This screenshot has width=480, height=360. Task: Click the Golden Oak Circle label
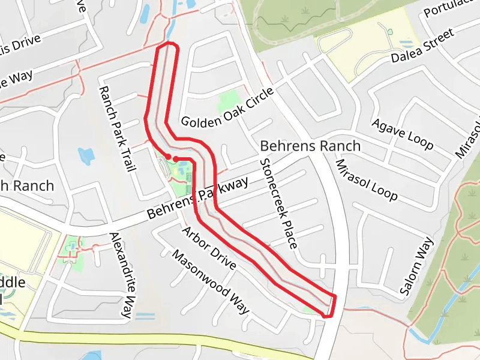pos(227,108)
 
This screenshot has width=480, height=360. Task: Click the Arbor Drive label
pos(209,248)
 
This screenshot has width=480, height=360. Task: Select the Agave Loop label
pos(402,134)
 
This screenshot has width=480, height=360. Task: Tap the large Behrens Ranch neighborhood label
pos(310,146)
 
